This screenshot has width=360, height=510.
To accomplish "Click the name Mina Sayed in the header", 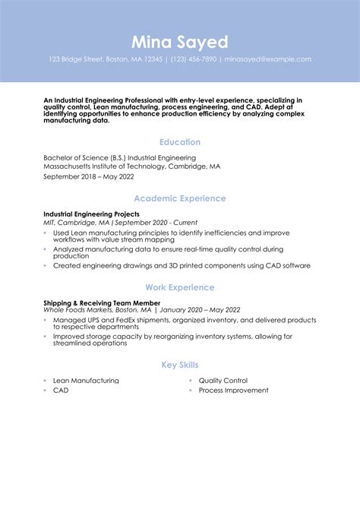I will pos(179,41).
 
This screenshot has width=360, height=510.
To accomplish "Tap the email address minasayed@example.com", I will pos(267,59).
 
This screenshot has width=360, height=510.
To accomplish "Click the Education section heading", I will pos(180,142).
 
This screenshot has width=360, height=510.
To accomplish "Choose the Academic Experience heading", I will pos(180,198).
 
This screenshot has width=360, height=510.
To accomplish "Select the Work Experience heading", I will pos(180,287).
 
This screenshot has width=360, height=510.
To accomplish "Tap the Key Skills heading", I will pos(180,365).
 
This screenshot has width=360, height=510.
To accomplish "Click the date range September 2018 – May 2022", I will pos(88,176).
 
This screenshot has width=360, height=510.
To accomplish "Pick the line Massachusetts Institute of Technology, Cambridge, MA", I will pos(131,165).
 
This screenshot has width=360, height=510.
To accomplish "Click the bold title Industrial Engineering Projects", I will pos(91,214).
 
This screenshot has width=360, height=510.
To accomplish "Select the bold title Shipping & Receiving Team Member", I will pos(97,303).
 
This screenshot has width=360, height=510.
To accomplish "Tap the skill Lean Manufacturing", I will pos(86,381).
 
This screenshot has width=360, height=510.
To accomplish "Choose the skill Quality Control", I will pos(223,381).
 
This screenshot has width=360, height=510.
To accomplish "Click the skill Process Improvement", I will pos(233,391).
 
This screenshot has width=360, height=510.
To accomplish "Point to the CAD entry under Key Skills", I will pos(60,391).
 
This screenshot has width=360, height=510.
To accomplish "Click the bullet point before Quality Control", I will pos(191,381).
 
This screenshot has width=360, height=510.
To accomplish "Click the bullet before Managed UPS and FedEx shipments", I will pos(46,320).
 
